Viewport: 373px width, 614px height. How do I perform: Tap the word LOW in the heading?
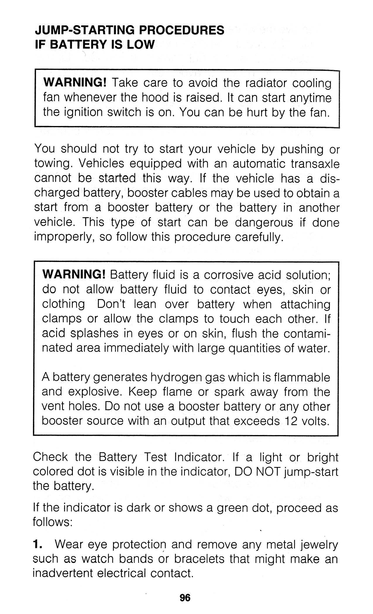pyautogui.click(x=141, y=45)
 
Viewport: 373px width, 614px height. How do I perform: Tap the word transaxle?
pyautogui.click(x=315, y=164)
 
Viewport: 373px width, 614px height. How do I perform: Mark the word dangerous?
pyautogui.click(x=264, y=223)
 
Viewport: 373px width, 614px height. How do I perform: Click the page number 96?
pyautogui.click(x=185, y=598)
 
